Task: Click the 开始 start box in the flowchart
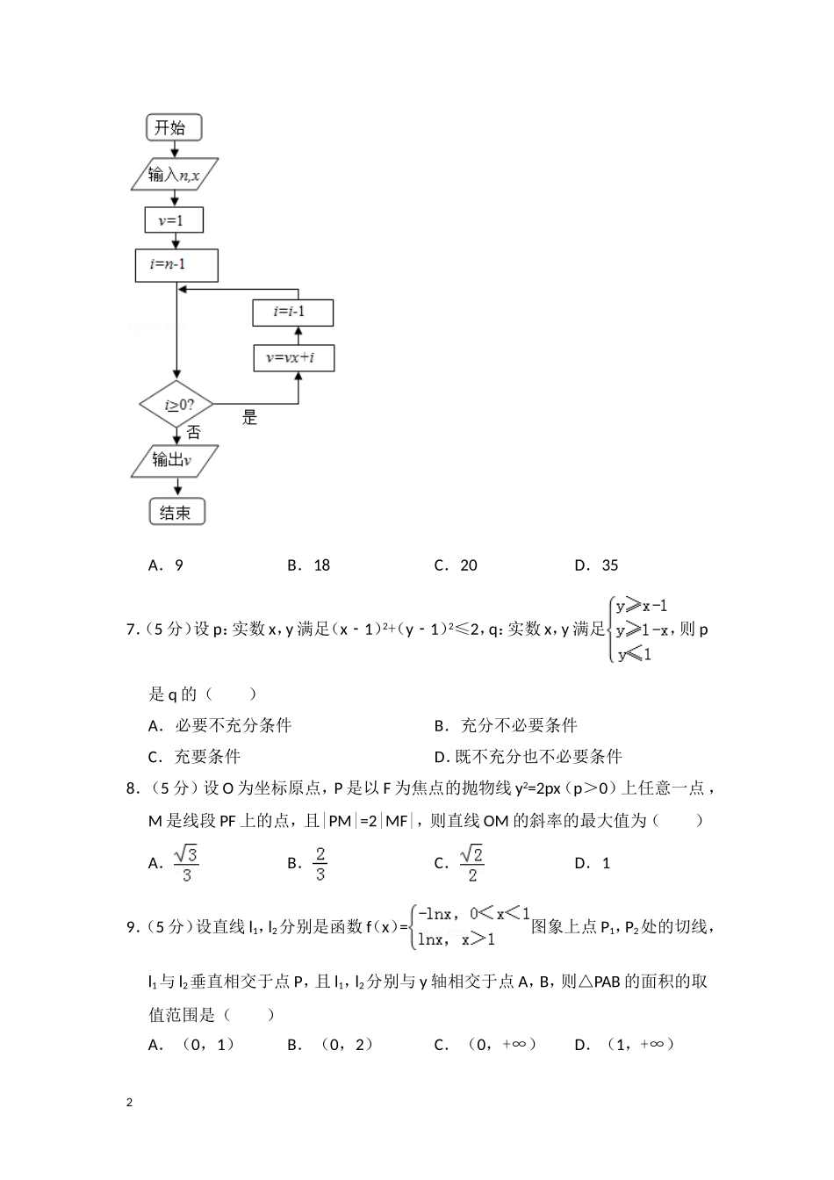click(174, 127)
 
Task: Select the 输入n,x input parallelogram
click(174, 175)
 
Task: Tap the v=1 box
click(174, 219)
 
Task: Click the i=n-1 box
click(176, 265)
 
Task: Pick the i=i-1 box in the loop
click(292, 313)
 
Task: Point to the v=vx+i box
click(294, 357)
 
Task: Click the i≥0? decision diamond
click(177, 405)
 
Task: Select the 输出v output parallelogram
click(174, 460)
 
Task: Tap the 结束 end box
click(176, 512)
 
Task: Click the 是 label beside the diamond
click(250, 418)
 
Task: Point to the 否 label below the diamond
click(193, 432)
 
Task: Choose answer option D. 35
click(597, 565)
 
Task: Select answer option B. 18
click(309, 565)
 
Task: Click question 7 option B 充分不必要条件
click(507, 725)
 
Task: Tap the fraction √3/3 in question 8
click(186, 862)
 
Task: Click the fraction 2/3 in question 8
click(320, 862)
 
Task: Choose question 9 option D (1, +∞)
click(625, 1044)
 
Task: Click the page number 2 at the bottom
click(130, 1102)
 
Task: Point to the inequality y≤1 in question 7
click(634, 654)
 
